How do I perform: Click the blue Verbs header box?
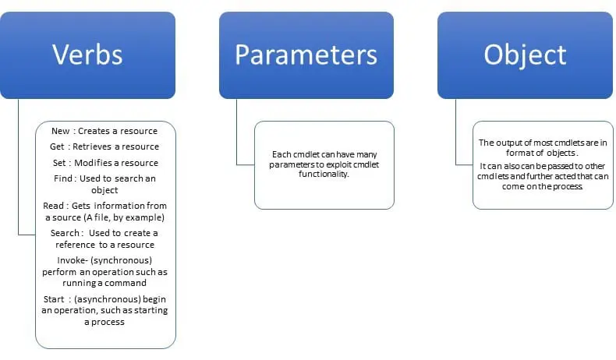(87, 55)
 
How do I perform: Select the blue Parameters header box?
(306, 55)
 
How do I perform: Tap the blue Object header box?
(525, 55)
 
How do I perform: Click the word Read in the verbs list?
(55, 206)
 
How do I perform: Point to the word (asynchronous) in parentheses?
(119, 299)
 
